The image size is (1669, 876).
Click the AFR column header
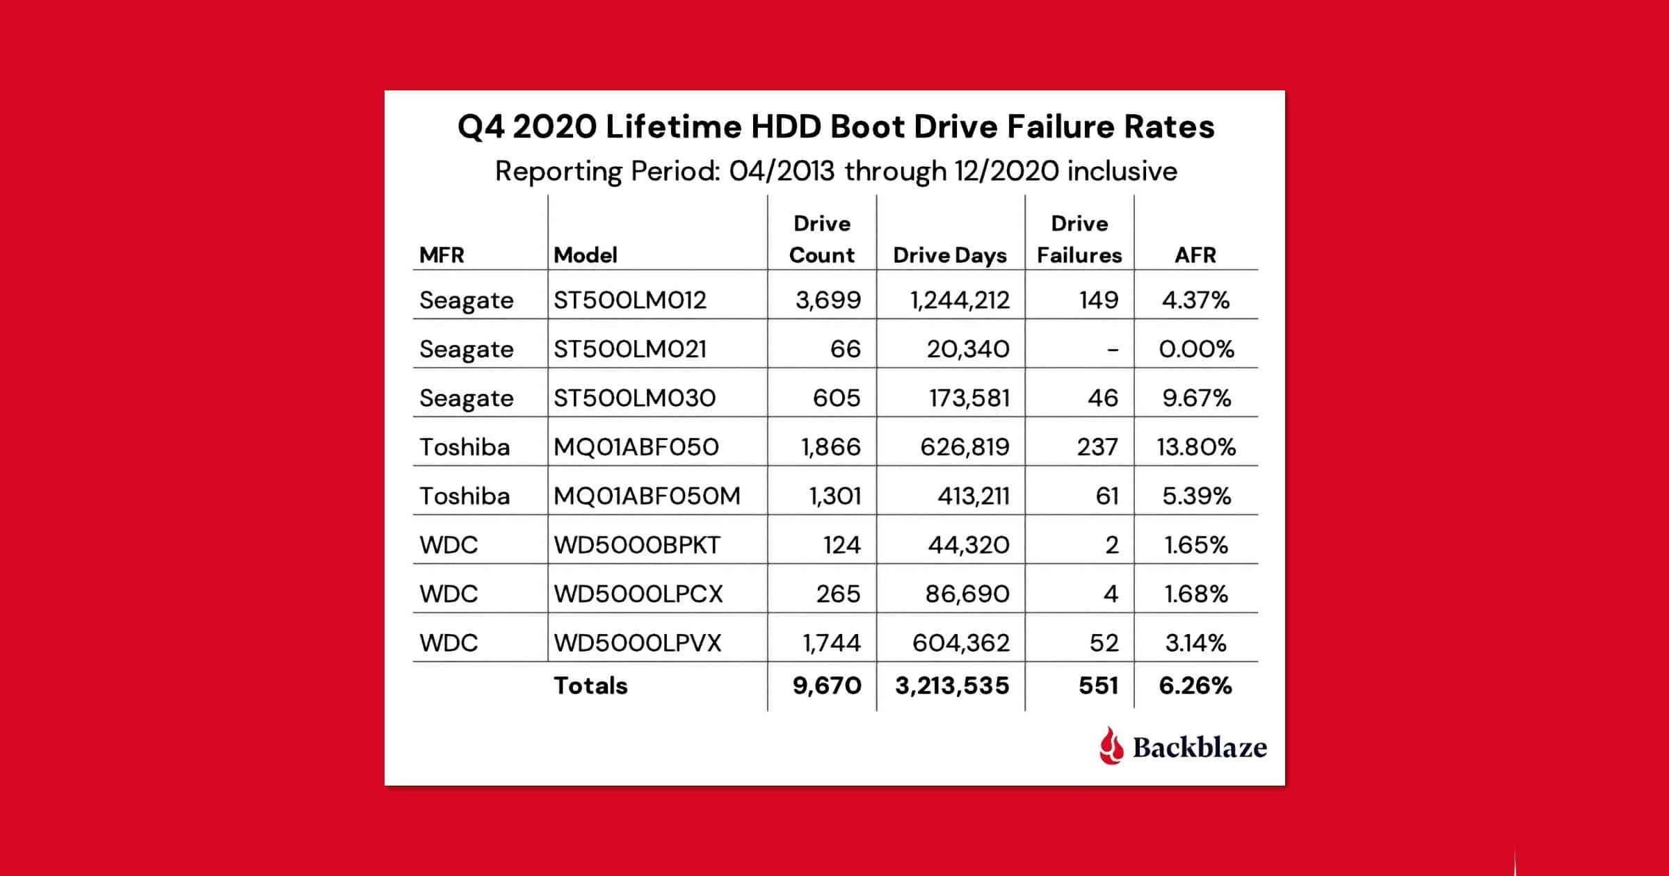pyautogui.click(x=1195, y=255)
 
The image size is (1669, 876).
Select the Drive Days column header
pyautogui.click(x=949, y=255)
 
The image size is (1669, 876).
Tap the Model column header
pyautogui.click(x=585, y=255)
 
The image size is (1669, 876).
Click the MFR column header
pyautogui.click(x=442, y=255)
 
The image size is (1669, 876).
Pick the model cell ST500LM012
pyautogui.click(x=629, y=300)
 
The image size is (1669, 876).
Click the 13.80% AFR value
pyautogui.click(x=1196, y=446)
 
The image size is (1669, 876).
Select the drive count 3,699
pyautogui.click(x=828, y=300)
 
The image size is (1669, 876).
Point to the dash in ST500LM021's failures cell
pyautogui.click(x=1113, y=350)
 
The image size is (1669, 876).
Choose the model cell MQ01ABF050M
pyautogui.click(x=647, y=496)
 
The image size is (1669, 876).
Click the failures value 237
pyautogui.click(x=1097, y=446)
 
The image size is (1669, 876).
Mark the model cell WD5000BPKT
pyautogui.click(x=636, y=544)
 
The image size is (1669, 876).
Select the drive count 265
pyautogui.click(x=838, y=594)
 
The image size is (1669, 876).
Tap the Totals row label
pyautogui.click(x=590, y=686)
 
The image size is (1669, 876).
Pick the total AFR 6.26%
pyautogui.click(x=1195, y=686)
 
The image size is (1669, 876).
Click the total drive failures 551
pyautogui.click(x=1098, y=686)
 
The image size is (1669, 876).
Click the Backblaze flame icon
pyautogui.click(x=1111, y=746)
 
